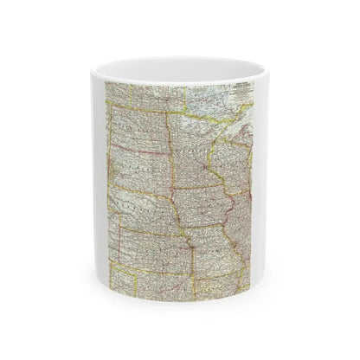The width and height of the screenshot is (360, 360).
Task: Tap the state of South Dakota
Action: (x=138, y=173)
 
